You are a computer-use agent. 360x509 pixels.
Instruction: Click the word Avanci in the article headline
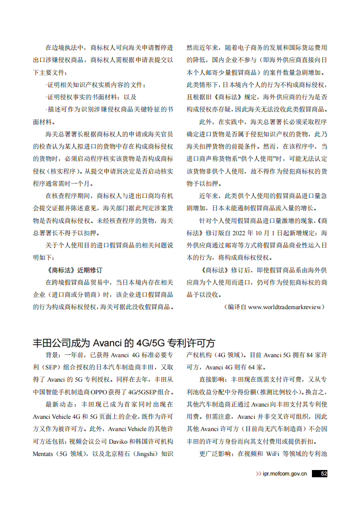107,342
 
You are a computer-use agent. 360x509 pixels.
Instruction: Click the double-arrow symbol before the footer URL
258,474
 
